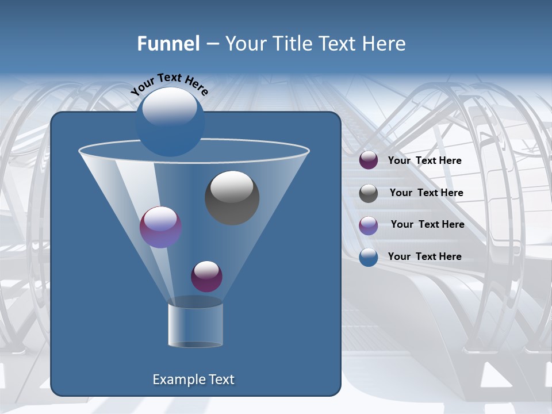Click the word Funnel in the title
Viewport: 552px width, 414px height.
click(x=168, y=44)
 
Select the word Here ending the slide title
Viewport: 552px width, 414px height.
click(x=385, y=44)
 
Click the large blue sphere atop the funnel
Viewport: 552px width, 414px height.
click(x=170, y=121)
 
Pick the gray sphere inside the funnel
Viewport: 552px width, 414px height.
click(x=232, y=198)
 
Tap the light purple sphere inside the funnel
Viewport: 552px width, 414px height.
click(x=160, y=227)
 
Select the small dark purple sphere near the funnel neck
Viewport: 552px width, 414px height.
click(x=206, y=276)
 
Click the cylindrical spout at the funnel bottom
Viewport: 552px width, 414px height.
click(x=195, y=325)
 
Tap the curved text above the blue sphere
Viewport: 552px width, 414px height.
click(x=169, y=85)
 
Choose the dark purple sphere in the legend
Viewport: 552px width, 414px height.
click(x=369, y=160)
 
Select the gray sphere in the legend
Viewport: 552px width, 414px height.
click(x=369, y=193)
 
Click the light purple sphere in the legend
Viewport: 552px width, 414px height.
click(x=369, y=225)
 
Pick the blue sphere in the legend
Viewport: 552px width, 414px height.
click(x=369, y=257)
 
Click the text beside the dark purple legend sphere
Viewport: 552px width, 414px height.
click(x=424, y=161)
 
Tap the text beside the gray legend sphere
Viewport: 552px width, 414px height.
click(x=426, y=193)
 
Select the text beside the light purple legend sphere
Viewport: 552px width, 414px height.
click(x=427, y=225)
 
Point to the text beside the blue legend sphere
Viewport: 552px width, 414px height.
click(x=424, y=256)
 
